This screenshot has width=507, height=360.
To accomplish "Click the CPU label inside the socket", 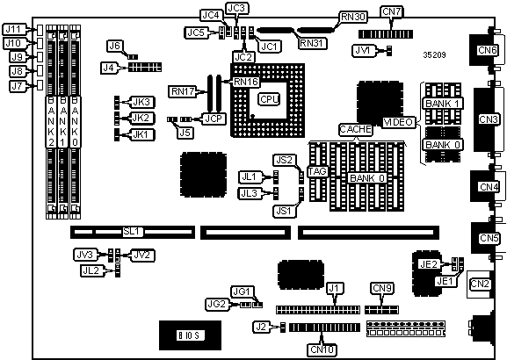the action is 269,99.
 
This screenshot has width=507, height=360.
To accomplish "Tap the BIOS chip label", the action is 190,335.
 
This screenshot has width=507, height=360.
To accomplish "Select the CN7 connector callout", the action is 391,12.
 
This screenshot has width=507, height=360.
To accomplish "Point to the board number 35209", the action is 434,55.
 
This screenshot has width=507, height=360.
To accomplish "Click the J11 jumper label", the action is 13,29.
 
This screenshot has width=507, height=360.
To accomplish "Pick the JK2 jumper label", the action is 141,118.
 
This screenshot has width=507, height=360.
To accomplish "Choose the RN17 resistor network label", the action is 183,91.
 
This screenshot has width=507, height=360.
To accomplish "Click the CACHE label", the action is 355,129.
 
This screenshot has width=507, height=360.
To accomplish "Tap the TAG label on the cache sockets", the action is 317,171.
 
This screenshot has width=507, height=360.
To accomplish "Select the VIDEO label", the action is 398,122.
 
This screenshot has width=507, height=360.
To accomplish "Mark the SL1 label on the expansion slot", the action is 132,232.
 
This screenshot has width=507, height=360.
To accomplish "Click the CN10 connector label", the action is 322,349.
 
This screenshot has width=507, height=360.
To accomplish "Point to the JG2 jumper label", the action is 217,304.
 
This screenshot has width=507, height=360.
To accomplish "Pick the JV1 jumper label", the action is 364,50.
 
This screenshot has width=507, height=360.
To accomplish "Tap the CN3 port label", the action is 488,119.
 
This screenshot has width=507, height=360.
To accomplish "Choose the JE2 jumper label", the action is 429,264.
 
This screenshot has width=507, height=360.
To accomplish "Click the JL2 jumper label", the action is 91,270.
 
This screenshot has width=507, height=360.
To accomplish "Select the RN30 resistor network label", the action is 353,18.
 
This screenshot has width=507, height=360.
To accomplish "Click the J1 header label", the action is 334,288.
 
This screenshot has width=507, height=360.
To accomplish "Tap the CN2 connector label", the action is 480,284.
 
